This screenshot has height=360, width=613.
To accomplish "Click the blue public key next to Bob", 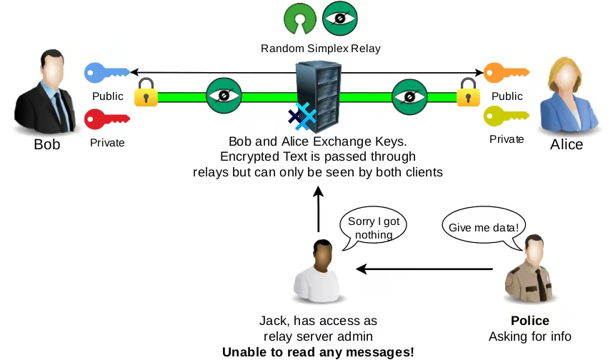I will [106, 72].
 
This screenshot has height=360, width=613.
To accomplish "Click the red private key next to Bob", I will [106, 118].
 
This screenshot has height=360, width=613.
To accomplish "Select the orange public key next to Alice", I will [506, 72].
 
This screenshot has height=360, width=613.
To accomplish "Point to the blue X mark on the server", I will [306, 116].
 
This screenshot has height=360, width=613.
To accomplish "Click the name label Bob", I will [47, 145].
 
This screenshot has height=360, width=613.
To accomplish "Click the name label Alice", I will [567, 145].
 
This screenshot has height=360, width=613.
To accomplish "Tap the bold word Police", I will [529, 321].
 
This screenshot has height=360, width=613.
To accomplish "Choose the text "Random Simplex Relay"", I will [320, 49].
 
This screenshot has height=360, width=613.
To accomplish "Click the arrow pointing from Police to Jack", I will [424, 269].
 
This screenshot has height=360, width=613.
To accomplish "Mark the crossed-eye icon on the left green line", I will [224, 96].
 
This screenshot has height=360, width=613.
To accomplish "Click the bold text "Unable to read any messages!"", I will [318, 351].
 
